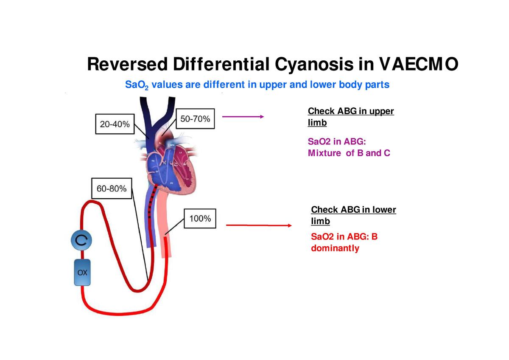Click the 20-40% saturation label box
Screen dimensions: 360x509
coord(115,124)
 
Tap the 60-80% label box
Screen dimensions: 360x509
coord(112,189)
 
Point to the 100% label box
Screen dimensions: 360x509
coord(200,219)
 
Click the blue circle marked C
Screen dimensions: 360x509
coord(81,241)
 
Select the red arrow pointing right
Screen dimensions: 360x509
coord(259,225)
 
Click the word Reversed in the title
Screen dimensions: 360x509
coord(127,65)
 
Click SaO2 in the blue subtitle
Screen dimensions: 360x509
coord(135,85)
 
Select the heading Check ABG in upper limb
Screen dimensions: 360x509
coord(350,117)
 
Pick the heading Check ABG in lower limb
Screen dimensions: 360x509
coord(353,215)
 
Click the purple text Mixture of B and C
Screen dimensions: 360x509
coord(349,153)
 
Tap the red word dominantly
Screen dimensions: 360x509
coord(335,248)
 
